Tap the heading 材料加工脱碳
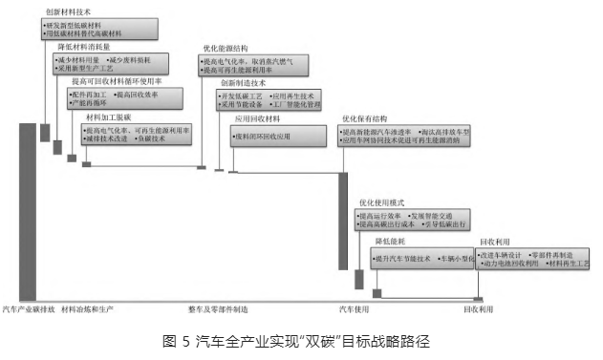click(x=106, y=116)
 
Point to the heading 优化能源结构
click(x=226, y=47)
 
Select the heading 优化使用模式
click(x=382, y=202)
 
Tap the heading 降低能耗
click(x=391, y=244)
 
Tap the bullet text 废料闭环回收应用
click(x=264, y=138)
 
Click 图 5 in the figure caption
click(x=175, y=340)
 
